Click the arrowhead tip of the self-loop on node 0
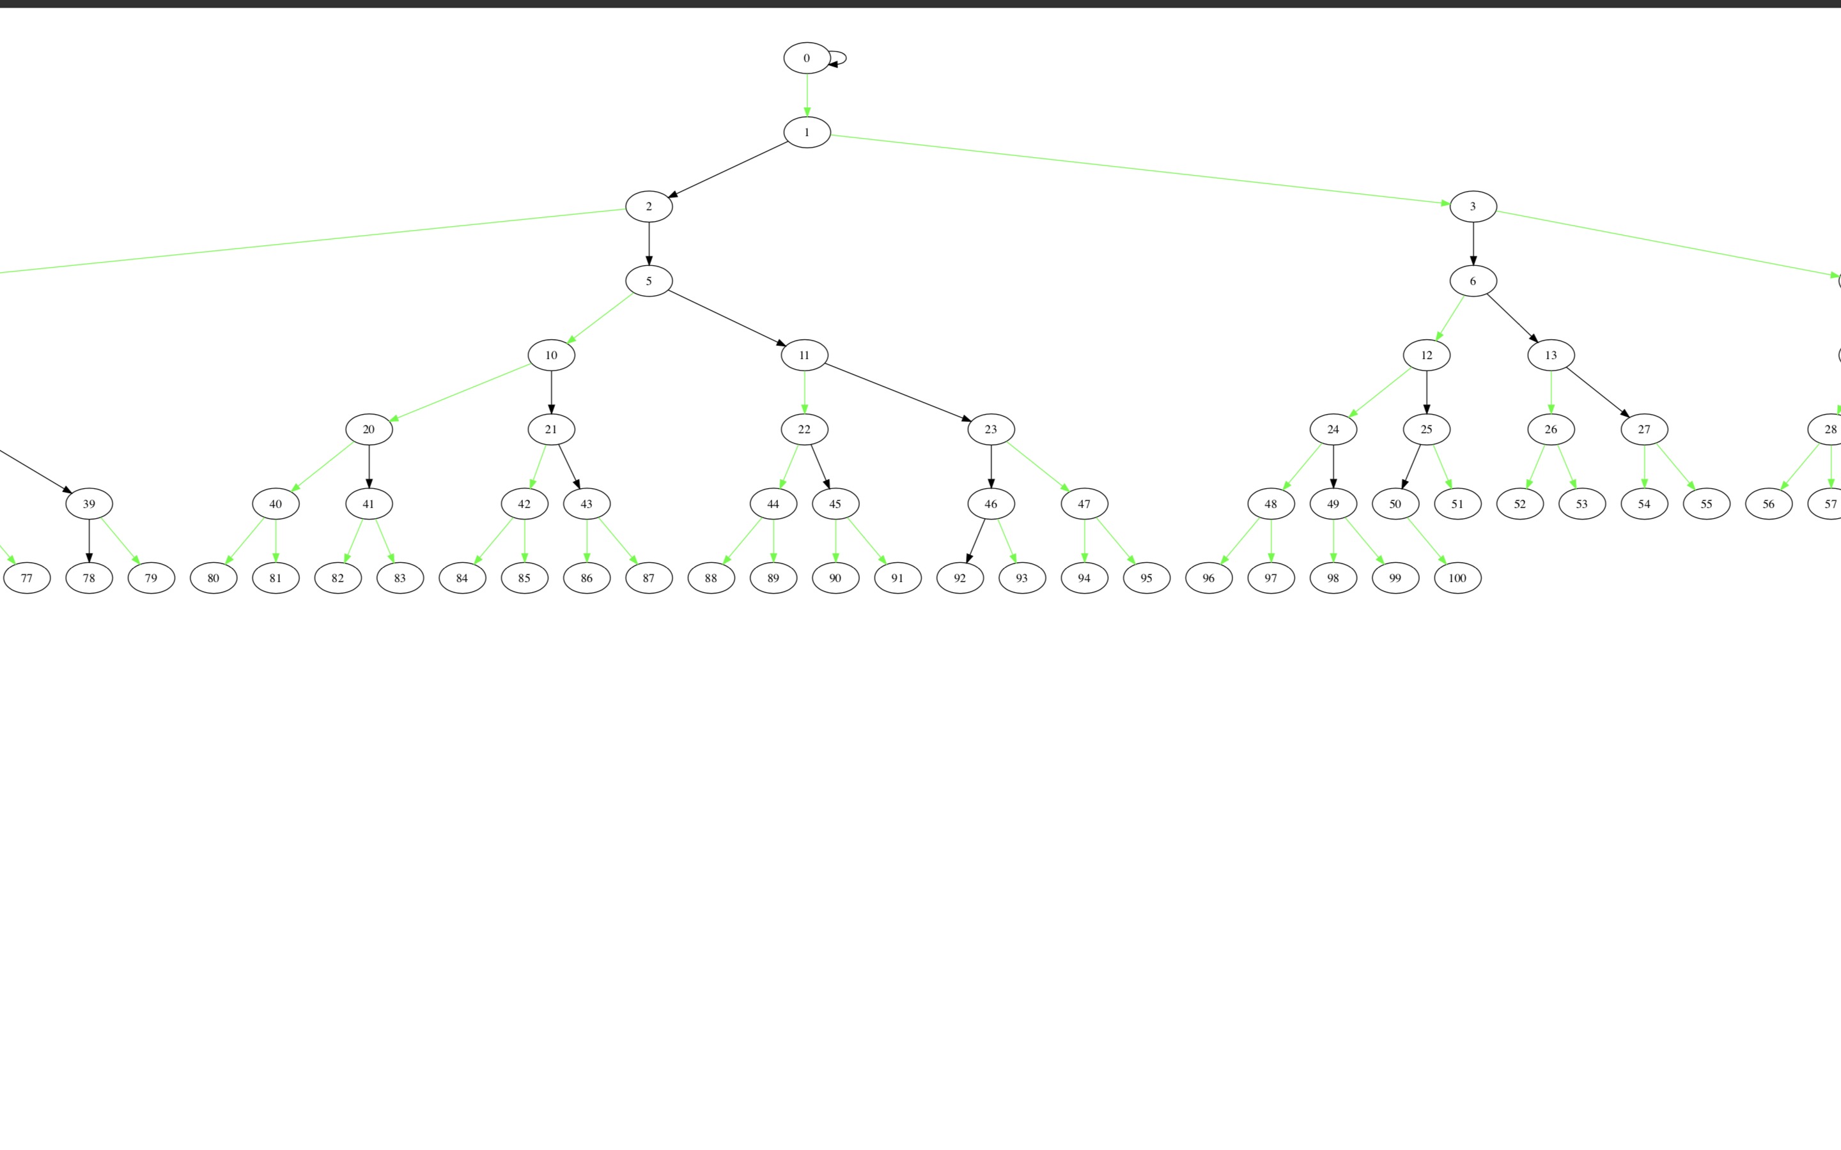pos(828,64)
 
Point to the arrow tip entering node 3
pos(1450,204)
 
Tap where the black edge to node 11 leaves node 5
pos(668,291)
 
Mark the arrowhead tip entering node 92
pos(967,563)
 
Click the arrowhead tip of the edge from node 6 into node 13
pos(1538,343)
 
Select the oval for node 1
pos(807,132)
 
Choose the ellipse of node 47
pos(1084,503)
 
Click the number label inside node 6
pos(1473,281)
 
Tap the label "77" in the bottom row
pos(27,578)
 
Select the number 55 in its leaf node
pos(1706,504)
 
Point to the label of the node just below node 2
pos(649,281)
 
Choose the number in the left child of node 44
pos(711,578)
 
